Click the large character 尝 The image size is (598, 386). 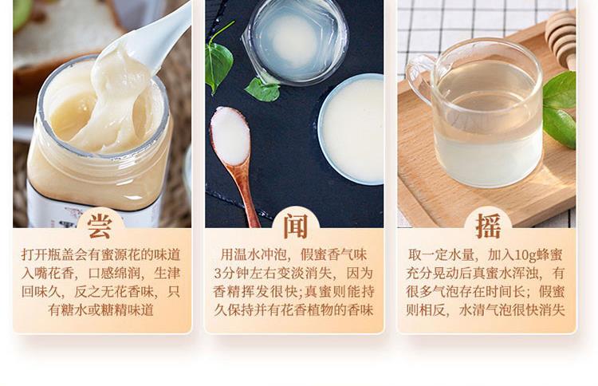tap(100, 226)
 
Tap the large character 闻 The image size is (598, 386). tap(295, 226)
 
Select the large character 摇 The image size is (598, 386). tap(488, 226)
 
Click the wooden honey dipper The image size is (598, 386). tap(561, 38)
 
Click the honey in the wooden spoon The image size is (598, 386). tap(230, 136)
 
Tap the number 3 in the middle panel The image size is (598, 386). tap(217, 274)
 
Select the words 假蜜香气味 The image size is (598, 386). tap(334, 254)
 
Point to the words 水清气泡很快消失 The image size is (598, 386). tap(512, 310)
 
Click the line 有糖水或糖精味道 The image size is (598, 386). tap(101, 310)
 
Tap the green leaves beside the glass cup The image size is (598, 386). tap(559, 108)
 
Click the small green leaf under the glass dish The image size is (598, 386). tap(262, 90)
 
